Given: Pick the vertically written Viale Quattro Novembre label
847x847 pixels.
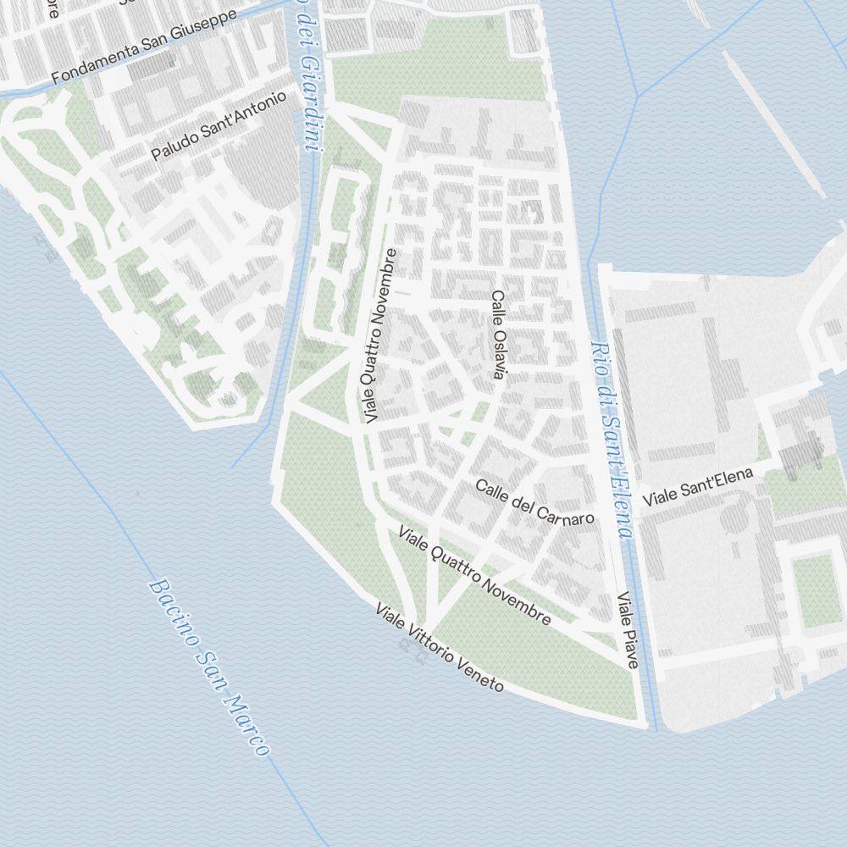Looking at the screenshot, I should [x=379, y=336].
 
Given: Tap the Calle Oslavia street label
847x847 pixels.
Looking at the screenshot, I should [x=498, y=335].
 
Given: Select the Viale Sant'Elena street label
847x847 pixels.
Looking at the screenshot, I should [x=697, y=489].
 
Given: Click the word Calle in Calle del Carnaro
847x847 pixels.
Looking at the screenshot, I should [x=490, y=490].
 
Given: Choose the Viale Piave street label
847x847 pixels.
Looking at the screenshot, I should [x=628, y=630].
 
